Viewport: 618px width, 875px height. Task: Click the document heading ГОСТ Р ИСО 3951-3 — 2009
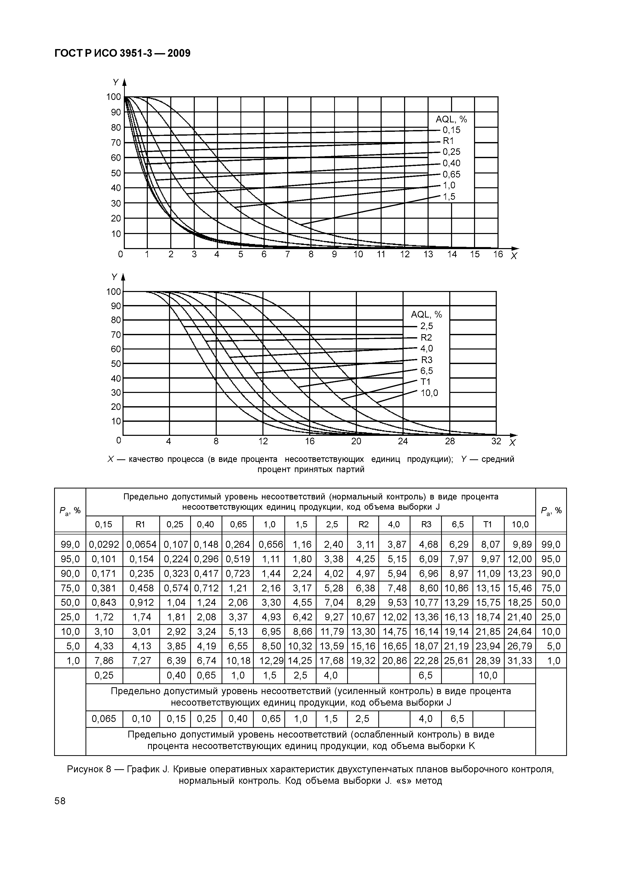[122, 53]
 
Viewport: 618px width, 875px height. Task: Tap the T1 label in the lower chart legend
[425, 381]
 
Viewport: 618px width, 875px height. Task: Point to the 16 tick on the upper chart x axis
[498, 254]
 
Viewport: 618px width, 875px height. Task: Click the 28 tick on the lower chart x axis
[450, 441]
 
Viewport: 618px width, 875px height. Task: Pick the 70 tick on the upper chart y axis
[116, 143]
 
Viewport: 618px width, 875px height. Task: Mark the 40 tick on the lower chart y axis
[116, 378]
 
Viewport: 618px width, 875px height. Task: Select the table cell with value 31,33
[520, 660]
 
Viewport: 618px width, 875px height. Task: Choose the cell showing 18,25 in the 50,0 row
[520, 602]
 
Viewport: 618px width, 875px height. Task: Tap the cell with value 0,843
[104, 602]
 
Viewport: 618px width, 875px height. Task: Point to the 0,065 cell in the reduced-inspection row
[104, 719]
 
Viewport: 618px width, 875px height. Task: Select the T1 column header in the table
[488, 524]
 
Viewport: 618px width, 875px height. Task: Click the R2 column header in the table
[363, 524]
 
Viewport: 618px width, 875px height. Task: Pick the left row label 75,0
[70, 588]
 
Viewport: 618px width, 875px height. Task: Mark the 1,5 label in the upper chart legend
[449, 197]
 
